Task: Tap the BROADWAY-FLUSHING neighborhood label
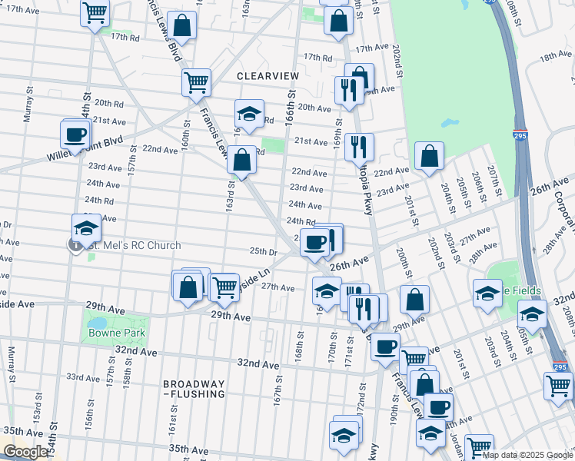point(194,389)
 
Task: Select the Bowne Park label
point(115,333)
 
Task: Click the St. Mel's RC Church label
point(135,246)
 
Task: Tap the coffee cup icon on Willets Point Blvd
point(75,134)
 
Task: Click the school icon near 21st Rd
point(248,114)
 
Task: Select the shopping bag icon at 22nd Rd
point(241,161)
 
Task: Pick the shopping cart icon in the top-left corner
point(95,12)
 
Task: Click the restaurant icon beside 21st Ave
point(358,145)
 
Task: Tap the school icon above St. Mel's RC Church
point(86,227)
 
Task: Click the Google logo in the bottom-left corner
point(25,452)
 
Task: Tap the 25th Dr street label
point(263,251)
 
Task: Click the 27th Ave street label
point(278,287)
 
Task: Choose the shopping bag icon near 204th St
point(429,156)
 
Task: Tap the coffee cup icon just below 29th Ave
point(385,345)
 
